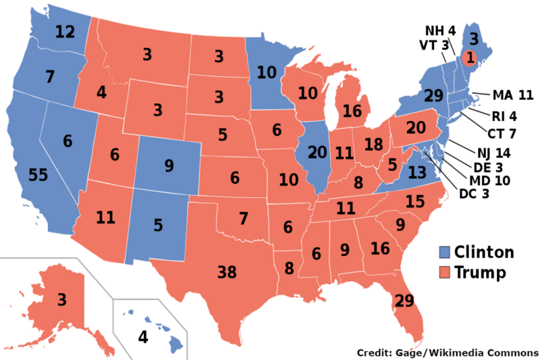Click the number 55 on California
pyautogui.click(x=38, y=175)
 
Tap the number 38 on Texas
pyautogui.click(x=227, y=273)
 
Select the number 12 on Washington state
pyautogui.click(x=65, y=32)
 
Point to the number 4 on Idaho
pyautogui.click(x=101, y=93)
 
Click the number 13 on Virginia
pyautogui.click(x=417, y=172)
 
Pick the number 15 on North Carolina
pyautogui.click(x=415, y=201)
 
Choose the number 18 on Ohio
pyautogui.click(x=373, y=145)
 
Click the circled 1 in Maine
pyautogui.click(x=470, y=57)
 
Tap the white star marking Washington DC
pyautogui.click(x=425, y=153)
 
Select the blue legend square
pyautogui.click(x=445, y=253)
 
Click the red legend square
pyautogui.click(x=445, y=272)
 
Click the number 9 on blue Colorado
pyautogui.click(x=169, y=164)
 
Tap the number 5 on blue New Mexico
pyautogui.click(x=158, y=225)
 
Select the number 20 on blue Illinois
pyautogui.click(x=317, y=153)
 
